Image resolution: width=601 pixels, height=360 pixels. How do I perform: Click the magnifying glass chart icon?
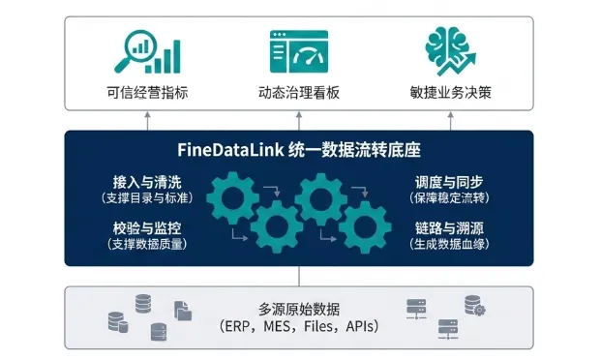tap(147, 51)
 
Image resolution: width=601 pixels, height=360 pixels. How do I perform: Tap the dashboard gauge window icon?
tap(299, 51)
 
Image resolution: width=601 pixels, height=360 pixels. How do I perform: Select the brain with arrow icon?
tap(451, 51)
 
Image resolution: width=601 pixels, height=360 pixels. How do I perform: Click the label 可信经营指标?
tap(147, 93)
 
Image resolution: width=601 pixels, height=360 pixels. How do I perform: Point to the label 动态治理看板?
tap(299, 93)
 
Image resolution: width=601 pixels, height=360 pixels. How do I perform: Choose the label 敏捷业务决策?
tap(451, 92)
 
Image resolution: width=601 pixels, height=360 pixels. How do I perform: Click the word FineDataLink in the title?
tap(230, 150)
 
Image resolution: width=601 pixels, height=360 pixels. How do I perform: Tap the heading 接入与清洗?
tap(147, 182)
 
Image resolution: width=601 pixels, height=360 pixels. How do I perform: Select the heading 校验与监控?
tap(147, 228)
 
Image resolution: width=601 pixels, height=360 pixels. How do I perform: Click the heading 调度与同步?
tap(449, 182)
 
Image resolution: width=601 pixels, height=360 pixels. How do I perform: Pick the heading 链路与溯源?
tap(449, 228)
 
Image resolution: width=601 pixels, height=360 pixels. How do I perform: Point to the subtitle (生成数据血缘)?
tap(449, 244)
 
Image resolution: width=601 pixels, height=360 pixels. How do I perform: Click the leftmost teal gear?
tap(232, 197)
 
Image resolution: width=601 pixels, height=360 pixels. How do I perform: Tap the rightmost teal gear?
tap(365, 227)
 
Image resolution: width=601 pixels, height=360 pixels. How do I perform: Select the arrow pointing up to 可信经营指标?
tap(147, 121)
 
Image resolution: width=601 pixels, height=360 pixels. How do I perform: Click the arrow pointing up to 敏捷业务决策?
tap(451, 121)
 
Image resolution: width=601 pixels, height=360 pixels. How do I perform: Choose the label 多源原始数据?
tap(299, 309)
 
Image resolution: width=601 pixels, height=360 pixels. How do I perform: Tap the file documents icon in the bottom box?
tap(183, 311)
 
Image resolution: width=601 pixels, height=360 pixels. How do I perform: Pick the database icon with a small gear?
tap(475, 306)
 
